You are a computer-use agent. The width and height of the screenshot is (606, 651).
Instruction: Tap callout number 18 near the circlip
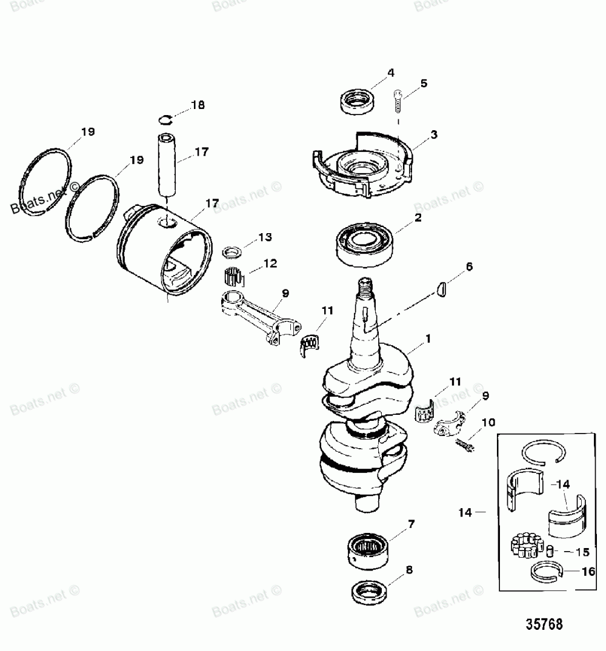tap(198, 105)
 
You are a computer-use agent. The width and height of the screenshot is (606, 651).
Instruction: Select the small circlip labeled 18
tap(168, 118)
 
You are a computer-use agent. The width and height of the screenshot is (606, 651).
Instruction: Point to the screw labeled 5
tap(398, 100)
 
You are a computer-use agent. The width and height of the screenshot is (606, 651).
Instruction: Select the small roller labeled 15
tap(550, 551)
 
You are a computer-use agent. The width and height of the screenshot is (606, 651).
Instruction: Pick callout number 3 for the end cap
tap(433, 134)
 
